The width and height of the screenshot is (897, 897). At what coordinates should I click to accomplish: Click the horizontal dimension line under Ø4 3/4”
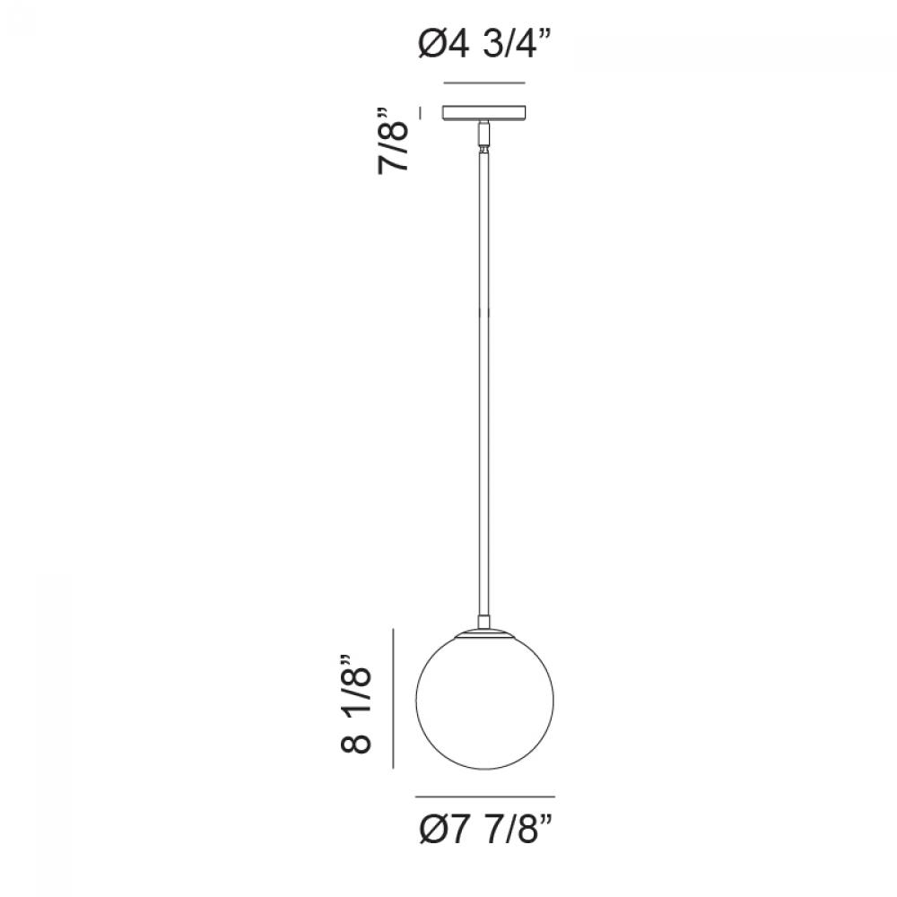(484, 83)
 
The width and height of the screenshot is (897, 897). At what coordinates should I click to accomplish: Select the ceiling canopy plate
(484, 113)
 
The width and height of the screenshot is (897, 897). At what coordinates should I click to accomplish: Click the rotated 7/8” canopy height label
(394, 140)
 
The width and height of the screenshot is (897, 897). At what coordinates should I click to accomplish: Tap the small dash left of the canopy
(422, 113)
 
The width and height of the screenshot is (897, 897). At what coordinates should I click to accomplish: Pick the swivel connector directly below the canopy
(484, 135)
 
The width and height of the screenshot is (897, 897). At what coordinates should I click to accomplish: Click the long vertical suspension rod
(484, 383)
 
